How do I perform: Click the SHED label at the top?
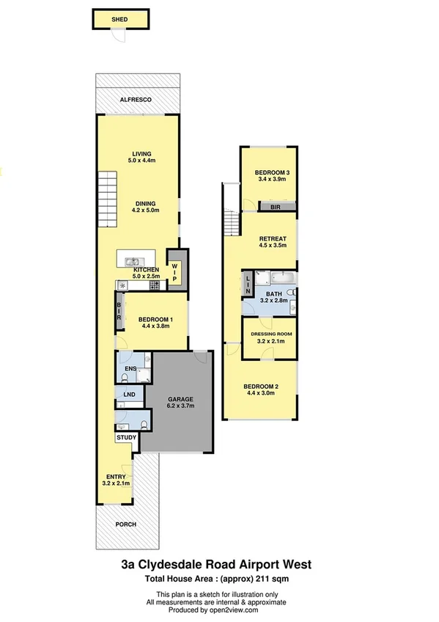[x=119, y=20]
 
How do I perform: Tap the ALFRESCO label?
[x=136, y=99]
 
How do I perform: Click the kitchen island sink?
[x=134, y=261]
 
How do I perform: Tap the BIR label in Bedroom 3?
[x=276, y=208]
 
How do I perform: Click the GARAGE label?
[x=180, y=399]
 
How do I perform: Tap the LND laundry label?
[x=130, y=395]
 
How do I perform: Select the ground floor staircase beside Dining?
[x=107, y=192]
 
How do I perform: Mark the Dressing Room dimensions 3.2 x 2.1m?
[x=271, y=341]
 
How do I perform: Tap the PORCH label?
[x=126, y=524]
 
